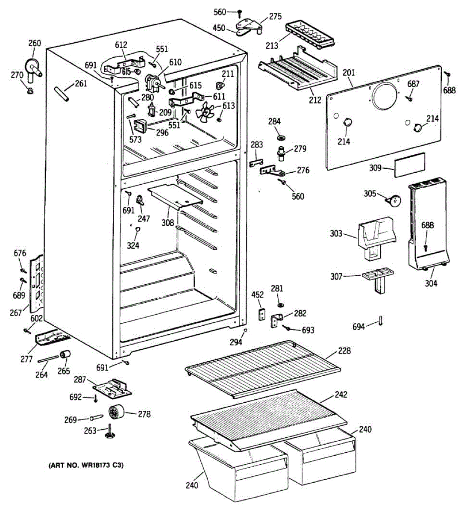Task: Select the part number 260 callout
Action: pyautogui.click(x=35, y=43)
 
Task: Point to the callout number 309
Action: pyautogui.click(x=375, y=168)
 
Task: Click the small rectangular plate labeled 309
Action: pyautogui.click(x=410, y=165)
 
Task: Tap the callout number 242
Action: pyautogui.click(x=341, y=394)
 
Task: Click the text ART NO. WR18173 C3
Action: pyautogui.click(x=86, y=465)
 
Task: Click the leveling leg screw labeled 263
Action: pyautogui.click(x=110, y=431)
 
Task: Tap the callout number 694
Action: pyautogui.click(x=358, y=327)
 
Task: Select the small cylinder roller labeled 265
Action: pyautogui.click(x=65, y=355)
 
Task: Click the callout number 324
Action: pyautogui.click(x=133, y=245)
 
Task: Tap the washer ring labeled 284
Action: pyautogui.click(x=281, y=138)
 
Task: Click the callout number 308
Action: pyautogui.click(x=168, y=223)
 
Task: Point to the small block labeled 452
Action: pyautogui.click(x=261, y=314)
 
